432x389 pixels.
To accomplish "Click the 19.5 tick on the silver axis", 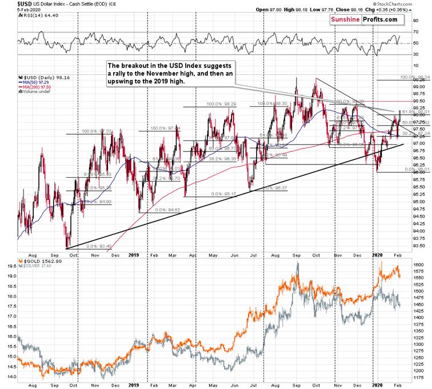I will tap(11, 275).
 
